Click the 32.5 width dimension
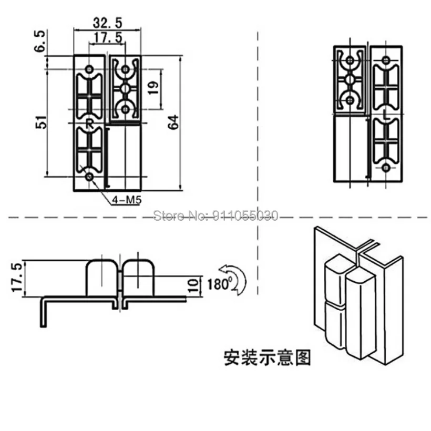[x=107, y=23]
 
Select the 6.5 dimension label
[x=39, y=41]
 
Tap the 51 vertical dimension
[x=42, y=122]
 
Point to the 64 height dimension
[x=173, y=122]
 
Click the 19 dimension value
[x=153, y=88]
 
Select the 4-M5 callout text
[x=127, y=200]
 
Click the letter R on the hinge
[x=89, y=124]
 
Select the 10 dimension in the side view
[x=194, y=286]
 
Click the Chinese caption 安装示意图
[x=267, y=357]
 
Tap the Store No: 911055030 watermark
[x=215, y=215]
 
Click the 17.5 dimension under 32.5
[x=108, y=37]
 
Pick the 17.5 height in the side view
[x=16, y=277]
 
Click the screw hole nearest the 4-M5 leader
[x=89, y=177]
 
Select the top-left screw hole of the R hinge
[x=89, y=69]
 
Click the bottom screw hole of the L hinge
[x=386, y=167]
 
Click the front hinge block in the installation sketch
[x=360, y=313]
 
